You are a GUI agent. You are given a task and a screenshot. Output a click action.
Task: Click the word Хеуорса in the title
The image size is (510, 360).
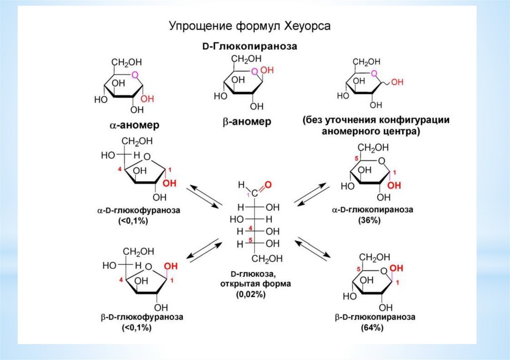coord(307,26)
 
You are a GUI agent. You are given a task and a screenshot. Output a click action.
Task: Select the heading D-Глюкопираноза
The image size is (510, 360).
coord(250,46)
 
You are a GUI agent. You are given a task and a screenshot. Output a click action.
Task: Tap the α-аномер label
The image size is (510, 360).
coord(134,125)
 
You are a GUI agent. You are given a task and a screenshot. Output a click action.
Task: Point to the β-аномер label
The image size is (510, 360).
coord(247,122)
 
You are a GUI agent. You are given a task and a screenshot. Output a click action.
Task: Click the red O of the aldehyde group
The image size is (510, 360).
coord(267,185)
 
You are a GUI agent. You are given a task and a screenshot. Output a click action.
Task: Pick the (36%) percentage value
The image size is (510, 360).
coord(369,220)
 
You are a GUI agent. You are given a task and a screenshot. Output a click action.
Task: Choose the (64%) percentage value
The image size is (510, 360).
coord(372,328)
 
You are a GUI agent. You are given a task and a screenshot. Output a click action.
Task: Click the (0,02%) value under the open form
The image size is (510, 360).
coord(251,294)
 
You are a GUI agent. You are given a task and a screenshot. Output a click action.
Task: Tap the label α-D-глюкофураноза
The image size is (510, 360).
coord(138,211)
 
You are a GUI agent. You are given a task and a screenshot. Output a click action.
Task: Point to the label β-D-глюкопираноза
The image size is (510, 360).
coord(375,317)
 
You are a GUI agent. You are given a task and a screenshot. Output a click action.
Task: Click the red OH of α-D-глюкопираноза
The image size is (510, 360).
coord(394,186)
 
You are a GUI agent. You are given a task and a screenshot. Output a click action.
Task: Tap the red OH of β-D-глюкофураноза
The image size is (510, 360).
coord(171,266)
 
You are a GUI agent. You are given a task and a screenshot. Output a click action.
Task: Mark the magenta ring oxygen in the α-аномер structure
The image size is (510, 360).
coord(134,76)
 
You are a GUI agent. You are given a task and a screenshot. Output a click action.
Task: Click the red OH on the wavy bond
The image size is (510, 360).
coord(397,82)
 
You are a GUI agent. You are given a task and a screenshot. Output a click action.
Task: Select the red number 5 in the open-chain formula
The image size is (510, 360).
coord(250,240)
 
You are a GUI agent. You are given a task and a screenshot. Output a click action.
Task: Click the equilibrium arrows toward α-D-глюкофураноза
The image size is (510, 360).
coord(204,196)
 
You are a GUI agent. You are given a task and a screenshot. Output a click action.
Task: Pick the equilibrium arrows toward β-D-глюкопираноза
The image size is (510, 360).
coord(313,249)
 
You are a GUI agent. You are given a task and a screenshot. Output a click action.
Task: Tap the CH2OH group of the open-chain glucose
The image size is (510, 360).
coord(267,259)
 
